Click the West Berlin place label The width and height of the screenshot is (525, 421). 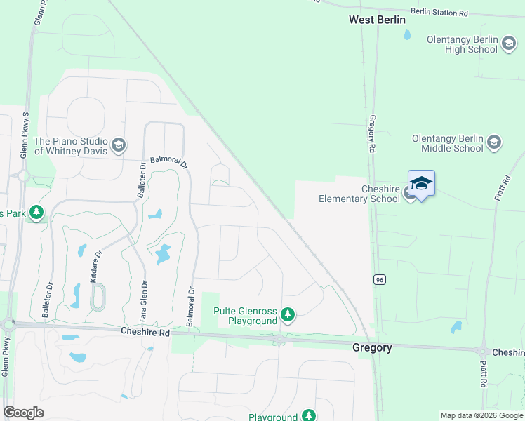pos(377,20)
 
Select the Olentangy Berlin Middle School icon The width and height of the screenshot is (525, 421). pos(493,142)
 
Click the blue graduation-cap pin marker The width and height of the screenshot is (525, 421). pos(421,185)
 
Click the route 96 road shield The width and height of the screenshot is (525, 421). pos(379,279)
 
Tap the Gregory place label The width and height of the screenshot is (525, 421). pos(371,347)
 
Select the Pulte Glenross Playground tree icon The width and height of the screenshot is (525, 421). pos(287,316)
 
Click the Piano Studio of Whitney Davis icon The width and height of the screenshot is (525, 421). pos(118,145)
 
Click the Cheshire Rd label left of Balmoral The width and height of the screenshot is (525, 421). pos(145,332)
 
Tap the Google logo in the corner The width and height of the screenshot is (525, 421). pos(23,412)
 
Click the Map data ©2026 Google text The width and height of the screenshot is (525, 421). pos(481,415)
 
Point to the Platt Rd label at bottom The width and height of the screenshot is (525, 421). pos(484,374)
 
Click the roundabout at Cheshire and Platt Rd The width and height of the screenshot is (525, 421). pos(483,351)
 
